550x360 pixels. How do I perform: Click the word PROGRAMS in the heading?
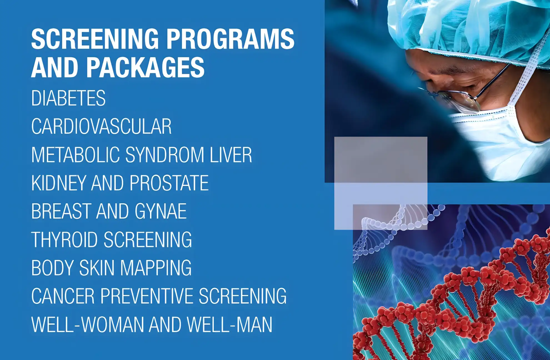pos(230,39)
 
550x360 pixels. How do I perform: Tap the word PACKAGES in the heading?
pos(145,67)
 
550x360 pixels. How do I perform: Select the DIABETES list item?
pos(68,98)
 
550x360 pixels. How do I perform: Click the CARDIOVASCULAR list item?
pos(101,126)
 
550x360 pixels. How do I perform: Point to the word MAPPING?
pos(156,268)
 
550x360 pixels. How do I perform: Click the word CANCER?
pos(63,296)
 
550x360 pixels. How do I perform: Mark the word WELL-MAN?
pos(230,324)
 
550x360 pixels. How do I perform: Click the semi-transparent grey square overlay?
pos(381,183)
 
